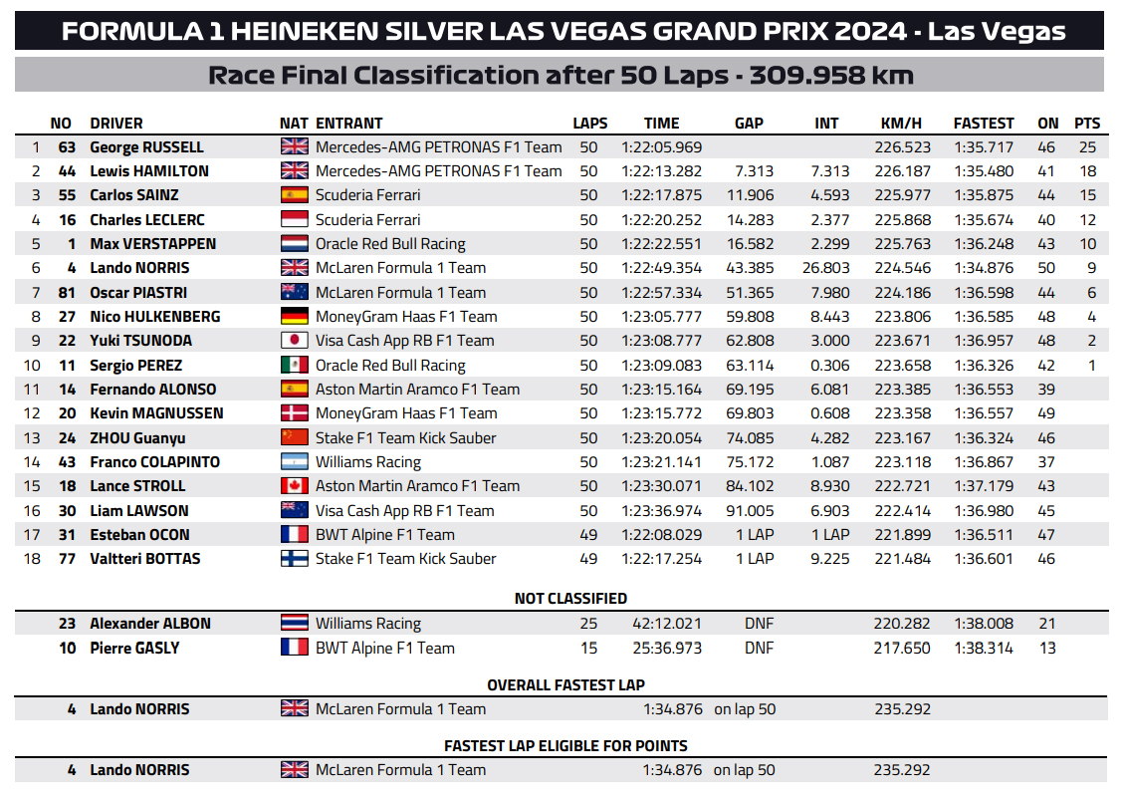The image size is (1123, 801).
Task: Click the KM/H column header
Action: (x=901, y=124)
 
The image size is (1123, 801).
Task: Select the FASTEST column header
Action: (x=983, y=124)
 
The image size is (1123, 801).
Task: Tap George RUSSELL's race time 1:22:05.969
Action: (x=661, y=147)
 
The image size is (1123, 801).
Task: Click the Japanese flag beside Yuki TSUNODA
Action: (x=295, y=341)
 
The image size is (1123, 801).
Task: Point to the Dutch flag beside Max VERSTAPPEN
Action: (x=295, y=244)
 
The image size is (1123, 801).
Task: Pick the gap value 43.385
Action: (x=754, y=268)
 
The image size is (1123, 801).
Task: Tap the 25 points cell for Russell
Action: (x=1087, y=147)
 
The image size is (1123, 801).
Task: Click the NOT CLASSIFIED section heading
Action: (x=570, y=599)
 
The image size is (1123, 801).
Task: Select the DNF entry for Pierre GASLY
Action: (x=759, y=648)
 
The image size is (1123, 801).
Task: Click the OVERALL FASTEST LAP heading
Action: (x=565, y=685)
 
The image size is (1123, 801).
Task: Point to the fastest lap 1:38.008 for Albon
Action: (x=983, y=624)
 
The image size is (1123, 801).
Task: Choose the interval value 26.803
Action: (x=825, y=268)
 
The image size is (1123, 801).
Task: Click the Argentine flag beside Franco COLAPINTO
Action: (x=295, y=462)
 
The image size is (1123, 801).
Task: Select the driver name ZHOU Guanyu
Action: (x=137, y=438)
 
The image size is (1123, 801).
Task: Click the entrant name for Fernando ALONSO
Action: (x=417, y=390)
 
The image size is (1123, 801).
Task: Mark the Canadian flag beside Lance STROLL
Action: (x=295, y=486)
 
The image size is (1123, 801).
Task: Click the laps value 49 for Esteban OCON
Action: (x=588, y=535)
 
